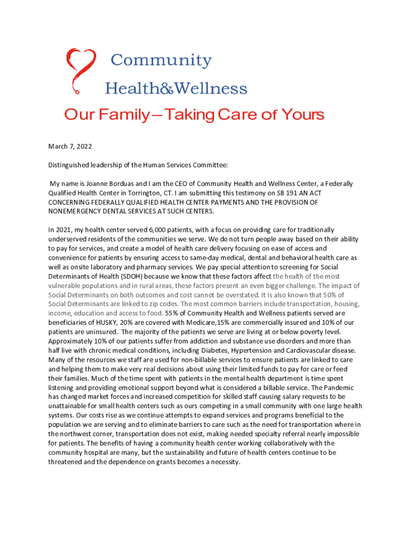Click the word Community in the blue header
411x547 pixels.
tap(161, 60)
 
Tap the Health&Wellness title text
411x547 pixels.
tap(176, 88)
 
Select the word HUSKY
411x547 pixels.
tap(105, 322)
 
